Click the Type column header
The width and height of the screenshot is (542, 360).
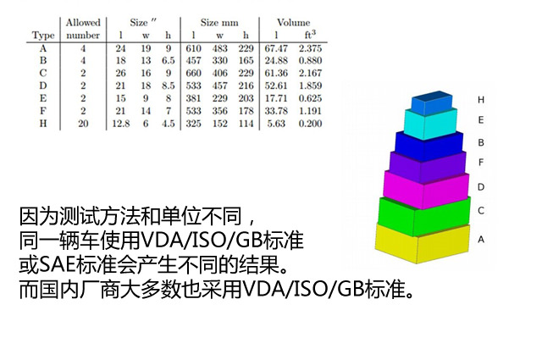tap(43, 36)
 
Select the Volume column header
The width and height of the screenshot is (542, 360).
tap(293, 23)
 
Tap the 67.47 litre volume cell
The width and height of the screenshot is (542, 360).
tap(276, 48)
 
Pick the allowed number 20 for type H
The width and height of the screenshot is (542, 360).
tap(83, 124)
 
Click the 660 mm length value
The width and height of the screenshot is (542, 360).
tap(193, 74)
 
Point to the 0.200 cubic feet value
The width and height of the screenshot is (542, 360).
tap(310, 124)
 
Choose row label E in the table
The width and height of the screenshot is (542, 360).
tap(43, 98)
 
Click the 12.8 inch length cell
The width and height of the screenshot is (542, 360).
tap(120, 124)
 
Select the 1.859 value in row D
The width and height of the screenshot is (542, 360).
tap(310, 86)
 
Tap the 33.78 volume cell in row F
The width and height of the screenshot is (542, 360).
tap(276, 111)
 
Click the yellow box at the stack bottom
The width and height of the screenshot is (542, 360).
tap(423, 244)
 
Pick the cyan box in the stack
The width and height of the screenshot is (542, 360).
tap(430, 124)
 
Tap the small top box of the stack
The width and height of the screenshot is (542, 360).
tap(432, 102)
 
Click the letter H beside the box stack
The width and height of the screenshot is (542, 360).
tap(481, 100)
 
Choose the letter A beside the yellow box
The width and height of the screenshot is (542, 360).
tap(481, 240)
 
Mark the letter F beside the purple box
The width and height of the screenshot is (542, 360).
tap(481, 162)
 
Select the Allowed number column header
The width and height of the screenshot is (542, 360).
tap(83, 29)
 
